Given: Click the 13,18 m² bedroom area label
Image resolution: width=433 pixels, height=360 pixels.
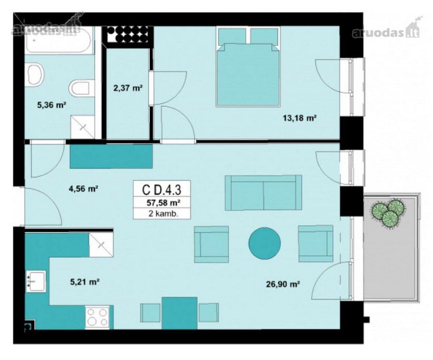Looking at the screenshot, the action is coord(299,118).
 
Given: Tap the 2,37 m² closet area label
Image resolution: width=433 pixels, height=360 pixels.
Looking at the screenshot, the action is coord(128,88).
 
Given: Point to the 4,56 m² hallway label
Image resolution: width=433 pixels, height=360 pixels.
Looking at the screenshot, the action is coord(84,189).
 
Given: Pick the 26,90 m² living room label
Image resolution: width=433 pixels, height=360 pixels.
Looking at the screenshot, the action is coord(283,284).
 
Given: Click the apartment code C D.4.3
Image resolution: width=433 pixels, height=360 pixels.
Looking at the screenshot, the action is coord(162,190).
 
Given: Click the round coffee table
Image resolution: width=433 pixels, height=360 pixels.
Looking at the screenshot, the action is coord(265,243).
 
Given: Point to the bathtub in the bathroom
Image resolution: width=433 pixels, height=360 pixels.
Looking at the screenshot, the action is coord(58,40).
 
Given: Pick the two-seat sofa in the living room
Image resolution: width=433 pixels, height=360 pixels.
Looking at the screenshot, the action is coord(263,192).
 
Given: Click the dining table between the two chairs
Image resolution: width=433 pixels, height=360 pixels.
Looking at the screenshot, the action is coord(180,313).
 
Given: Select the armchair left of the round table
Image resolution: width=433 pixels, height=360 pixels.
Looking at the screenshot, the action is coord(212,244).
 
